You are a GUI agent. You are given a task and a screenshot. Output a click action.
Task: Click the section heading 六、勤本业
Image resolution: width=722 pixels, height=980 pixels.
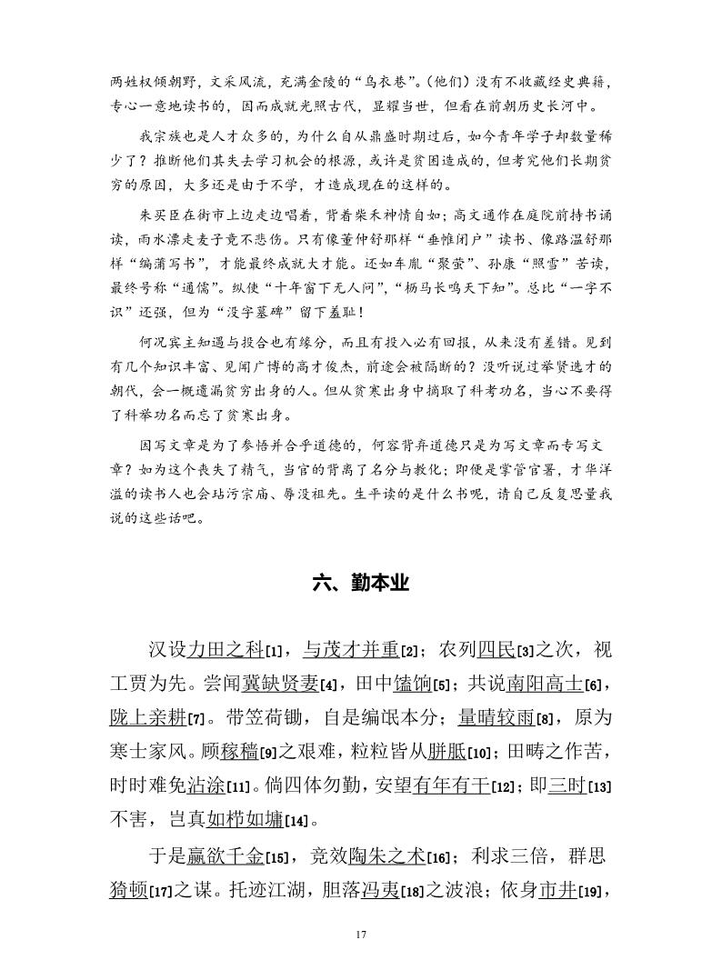361,585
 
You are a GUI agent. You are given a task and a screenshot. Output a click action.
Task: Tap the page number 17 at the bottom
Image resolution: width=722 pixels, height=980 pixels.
361,935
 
